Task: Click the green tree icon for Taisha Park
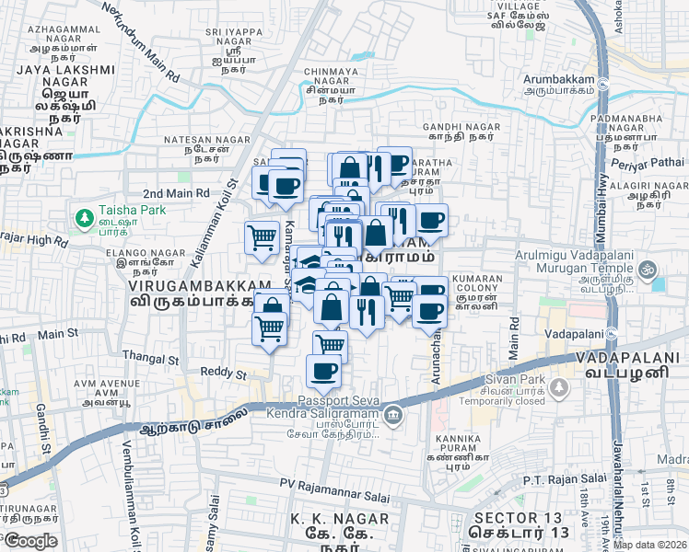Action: pyautogui.click(x=84, y=217)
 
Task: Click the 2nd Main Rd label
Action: pyautogui.click(x=176, y=193)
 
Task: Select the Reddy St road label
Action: pyautogui.click(x=225, y=374)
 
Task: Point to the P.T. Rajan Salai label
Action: pyautogui.click(x=561, y=479)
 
